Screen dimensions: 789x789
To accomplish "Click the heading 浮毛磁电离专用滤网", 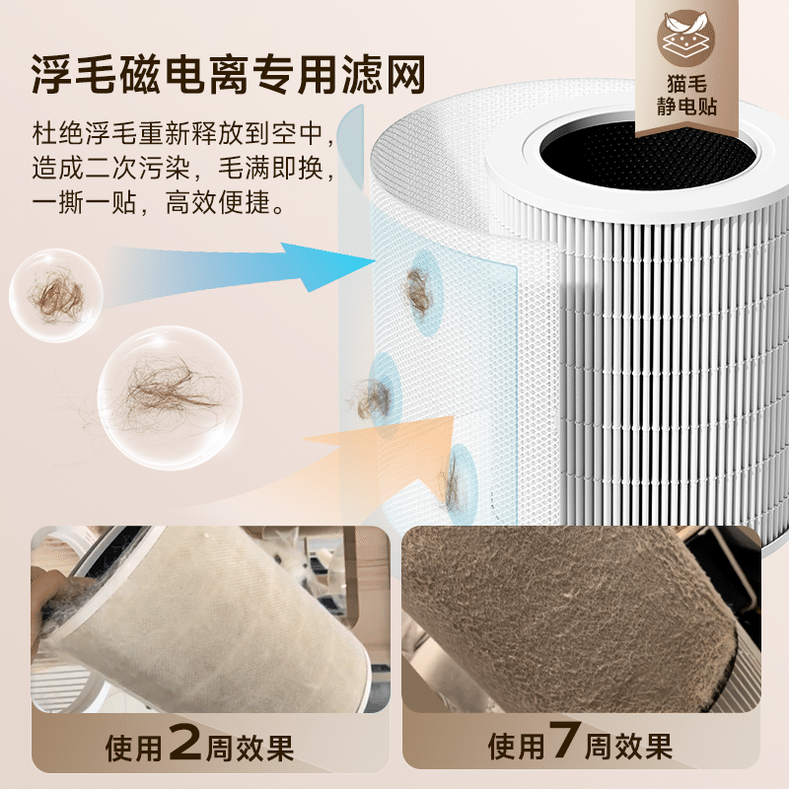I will click(x=232, y=72).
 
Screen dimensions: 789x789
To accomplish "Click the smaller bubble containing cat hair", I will click(x=56, y=294).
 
